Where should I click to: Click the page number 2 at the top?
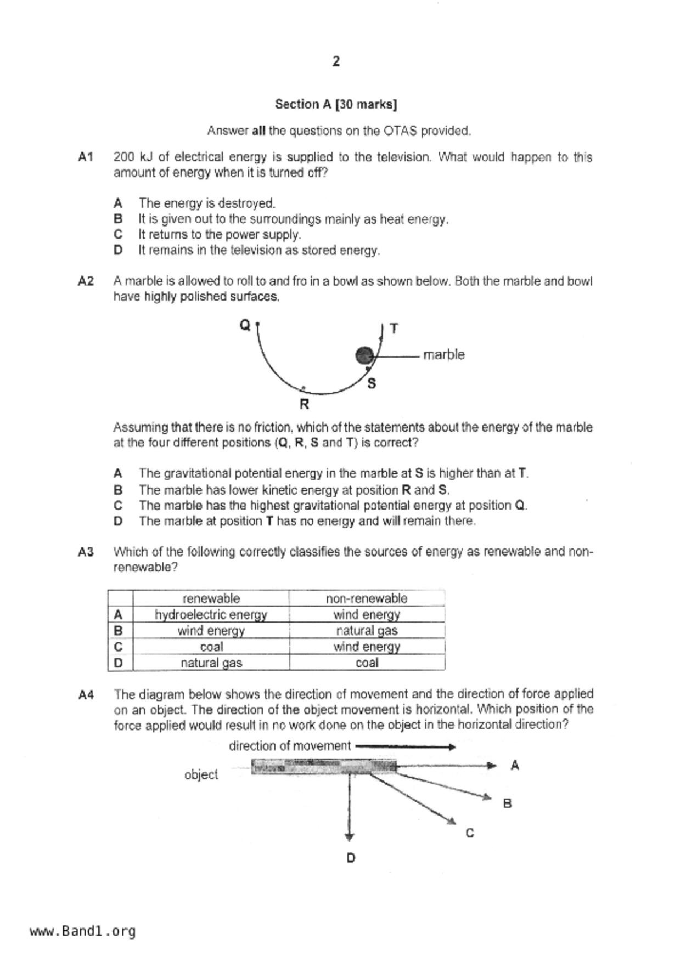(x=336, y=61)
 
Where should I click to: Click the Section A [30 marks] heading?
(x=336, y=104)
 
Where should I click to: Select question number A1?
(x=86, y=157)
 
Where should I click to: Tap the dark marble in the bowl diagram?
(x=364, y=355)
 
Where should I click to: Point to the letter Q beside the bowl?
(x=245, y=325)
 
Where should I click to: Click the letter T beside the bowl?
(x=394, y=329)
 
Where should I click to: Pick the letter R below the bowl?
(x=305, y=405)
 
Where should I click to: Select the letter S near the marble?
(x=372, y=384)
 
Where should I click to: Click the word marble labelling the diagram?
(x=443, y=355)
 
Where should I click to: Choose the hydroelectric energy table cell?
(x=211, y=614)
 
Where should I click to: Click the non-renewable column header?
(x=367, y=598)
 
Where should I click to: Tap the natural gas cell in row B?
(x=367, y=631)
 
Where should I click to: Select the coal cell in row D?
(x=367, y=663)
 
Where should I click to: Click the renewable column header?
(x=211, y=598)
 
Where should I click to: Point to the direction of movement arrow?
(x=406, y=746)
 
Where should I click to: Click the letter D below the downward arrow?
(x=351, y=858)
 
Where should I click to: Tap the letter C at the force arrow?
(x=470, y=833)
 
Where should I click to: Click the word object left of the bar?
(x=201, y=774)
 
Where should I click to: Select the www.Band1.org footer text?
(x=83, y=931)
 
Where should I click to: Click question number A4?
(x=86, y=695)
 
